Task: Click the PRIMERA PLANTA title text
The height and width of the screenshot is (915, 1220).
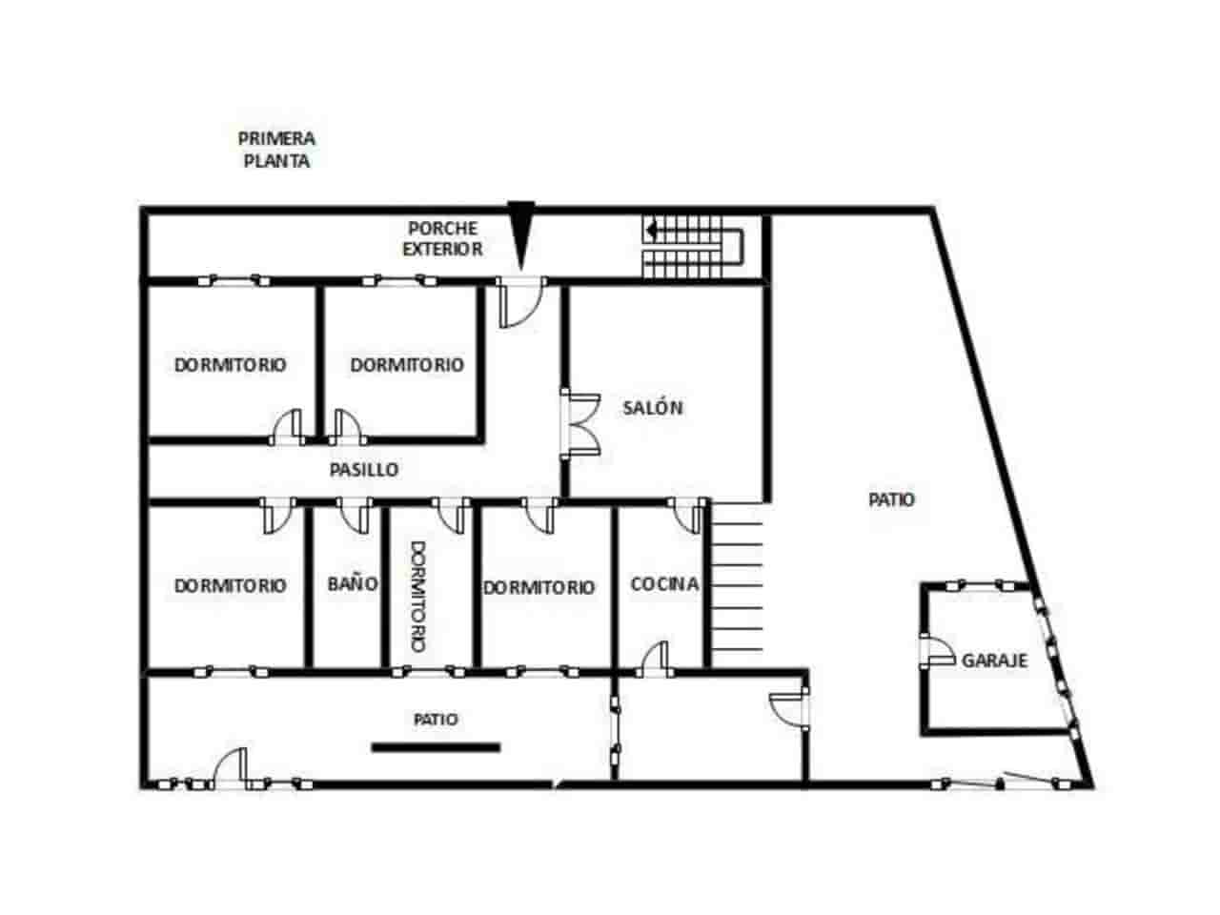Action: [276, 150]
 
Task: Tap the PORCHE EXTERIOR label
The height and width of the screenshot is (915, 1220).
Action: [442, 239]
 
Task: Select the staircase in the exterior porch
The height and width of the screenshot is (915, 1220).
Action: [693, 247]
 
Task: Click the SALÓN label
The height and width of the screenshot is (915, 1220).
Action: [653, 408]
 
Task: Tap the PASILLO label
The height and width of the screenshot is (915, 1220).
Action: [364, 470]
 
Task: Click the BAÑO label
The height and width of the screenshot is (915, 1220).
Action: [353, 583]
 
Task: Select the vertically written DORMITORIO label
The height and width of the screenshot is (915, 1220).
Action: [417, 597]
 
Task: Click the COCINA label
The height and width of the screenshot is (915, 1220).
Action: [664, 583]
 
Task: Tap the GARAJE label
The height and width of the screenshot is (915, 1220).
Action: [994, 660]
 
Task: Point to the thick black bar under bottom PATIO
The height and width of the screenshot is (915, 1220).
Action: [436, 747]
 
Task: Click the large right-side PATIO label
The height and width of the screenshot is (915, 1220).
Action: [892, 499]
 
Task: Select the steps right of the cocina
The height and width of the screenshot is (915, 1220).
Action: [737, 586]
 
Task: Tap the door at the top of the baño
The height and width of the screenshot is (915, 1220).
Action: [355, 516]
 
